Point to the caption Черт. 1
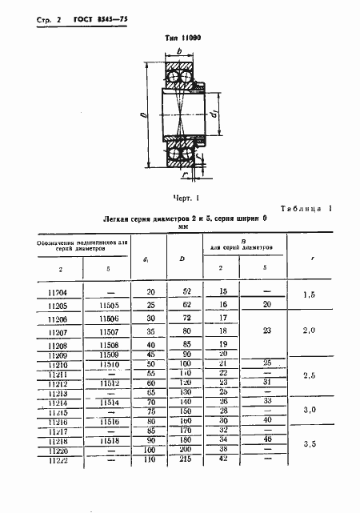(185, 196)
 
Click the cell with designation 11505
(109, 306)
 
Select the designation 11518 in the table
(109, 441)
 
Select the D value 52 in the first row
(186, 294)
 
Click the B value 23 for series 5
(267, 329)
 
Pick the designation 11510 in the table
(109, 364)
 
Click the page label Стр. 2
(30, 20)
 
